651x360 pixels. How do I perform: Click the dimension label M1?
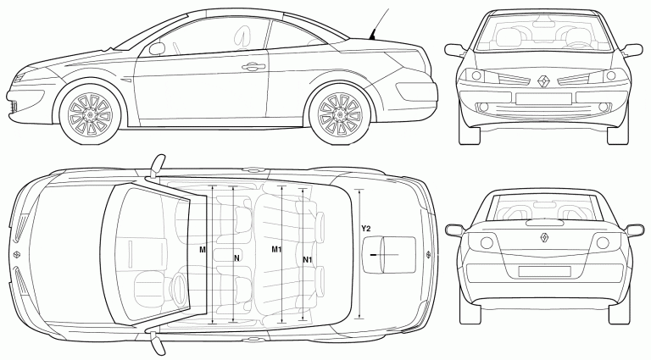pos(276,250)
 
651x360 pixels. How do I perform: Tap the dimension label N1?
pos(308,258)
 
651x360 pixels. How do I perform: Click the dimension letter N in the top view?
pos(237,257)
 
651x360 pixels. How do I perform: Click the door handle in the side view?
pos(252,66)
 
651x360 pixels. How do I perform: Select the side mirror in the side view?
pos(157,49)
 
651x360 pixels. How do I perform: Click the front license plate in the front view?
pos(543,99)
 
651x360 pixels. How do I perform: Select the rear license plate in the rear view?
pos(543,272)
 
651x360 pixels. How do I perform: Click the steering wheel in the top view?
pos(178,284)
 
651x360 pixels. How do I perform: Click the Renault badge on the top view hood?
pos(18,255)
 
